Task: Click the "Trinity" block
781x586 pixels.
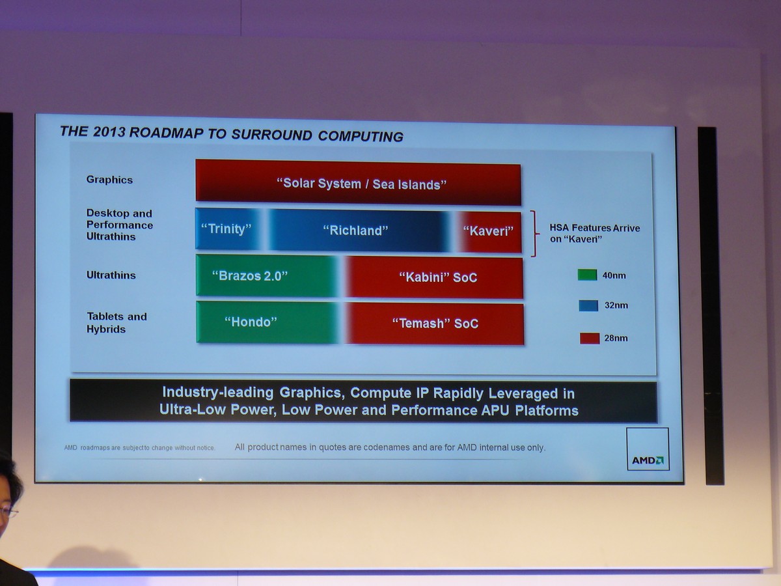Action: [228, 229]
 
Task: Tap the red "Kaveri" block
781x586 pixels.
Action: [489, 232]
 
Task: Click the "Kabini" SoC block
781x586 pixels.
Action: [434, 277]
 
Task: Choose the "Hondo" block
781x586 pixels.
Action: [267, 322]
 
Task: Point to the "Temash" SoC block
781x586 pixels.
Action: [435, 324]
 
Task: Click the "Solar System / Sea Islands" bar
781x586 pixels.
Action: [359, 183]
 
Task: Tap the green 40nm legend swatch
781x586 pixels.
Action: [588, 275]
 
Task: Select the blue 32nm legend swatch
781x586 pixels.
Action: [588, 305]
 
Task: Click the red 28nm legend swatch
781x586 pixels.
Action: [590, 339]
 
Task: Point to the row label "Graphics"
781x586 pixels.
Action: [109, 180]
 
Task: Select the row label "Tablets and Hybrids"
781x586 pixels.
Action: [116, 323]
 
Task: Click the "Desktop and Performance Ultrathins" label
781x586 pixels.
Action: [120, 225]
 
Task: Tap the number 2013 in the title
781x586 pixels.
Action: [109, 132]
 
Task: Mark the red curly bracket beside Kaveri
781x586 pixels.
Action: [534, 233]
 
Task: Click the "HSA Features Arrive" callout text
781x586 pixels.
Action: [595, 228]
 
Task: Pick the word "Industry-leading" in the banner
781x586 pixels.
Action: [218, 393]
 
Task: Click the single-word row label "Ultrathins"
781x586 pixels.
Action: [111, 275]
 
